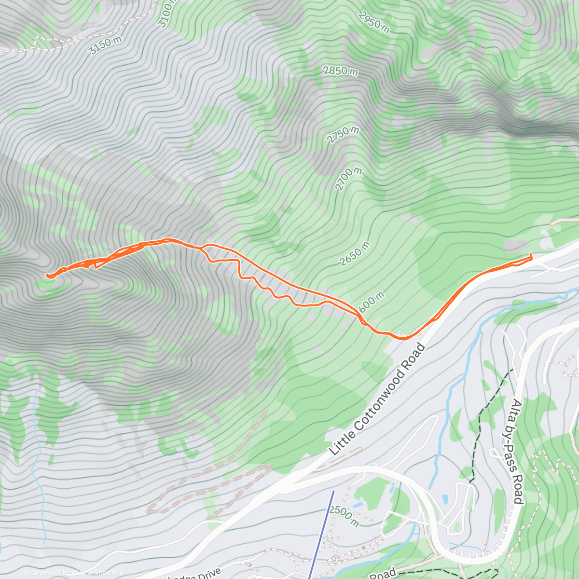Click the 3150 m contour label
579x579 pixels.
coord(106,45)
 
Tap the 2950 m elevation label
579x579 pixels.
coord(374,22)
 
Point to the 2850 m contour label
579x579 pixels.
coord(341,71)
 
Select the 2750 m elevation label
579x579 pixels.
coord(343,135)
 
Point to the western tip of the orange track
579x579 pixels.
coord(47,276)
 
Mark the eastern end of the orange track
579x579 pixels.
coord(531,254)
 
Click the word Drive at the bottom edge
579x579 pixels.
coord(207,574)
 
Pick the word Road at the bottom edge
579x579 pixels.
coord(383,574)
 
